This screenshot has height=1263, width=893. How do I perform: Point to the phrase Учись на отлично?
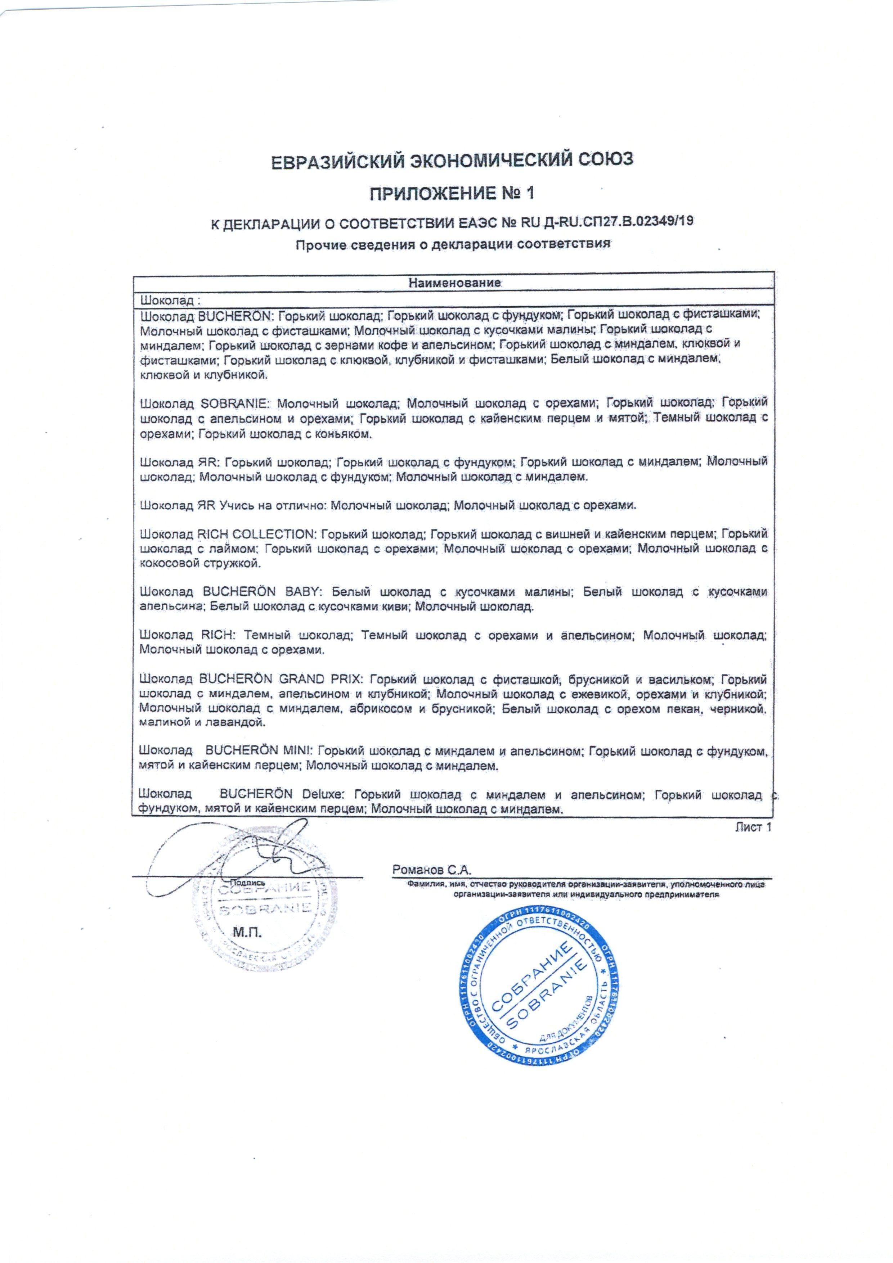tap(273, 505)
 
